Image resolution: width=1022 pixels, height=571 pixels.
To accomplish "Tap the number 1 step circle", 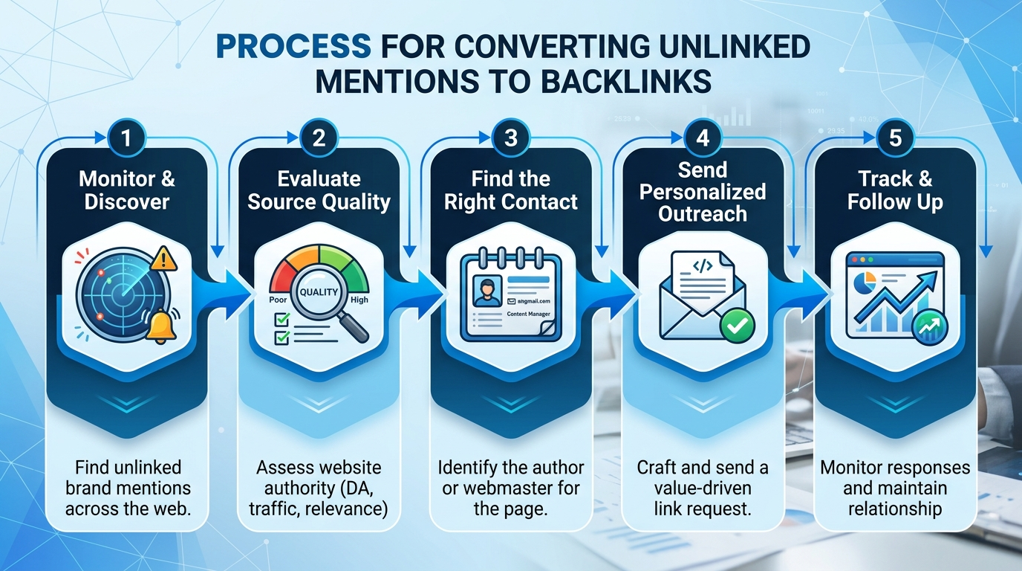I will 126,138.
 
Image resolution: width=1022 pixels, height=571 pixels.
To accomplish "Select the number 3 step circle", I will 510,138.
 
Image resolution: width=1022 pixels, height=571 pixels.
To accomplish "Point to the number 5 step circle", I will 894,138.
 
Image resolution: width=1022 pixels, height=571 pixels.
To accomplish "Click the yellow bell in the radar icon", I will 160,326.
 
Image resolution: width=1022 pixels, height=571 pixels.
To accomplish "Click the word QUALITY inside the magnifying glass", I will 319,292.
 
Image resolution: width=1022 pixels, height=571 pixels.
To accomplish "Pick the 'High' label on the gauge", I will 359,300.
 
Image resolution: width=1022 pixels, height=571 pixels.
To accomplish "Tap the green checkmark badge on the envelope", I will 737,324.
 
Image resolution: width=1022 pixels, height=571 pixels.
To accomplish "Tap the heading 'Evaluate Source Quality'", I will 319,190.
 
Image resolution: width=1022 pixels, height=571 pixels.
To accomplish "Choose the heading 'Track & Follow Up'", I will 894,190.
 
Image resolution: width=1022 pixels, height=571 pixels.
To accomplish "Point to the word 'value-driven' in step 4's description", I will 703,488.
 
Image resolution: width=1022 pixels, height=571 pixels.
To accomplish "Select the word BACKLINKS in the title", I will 625,82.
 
